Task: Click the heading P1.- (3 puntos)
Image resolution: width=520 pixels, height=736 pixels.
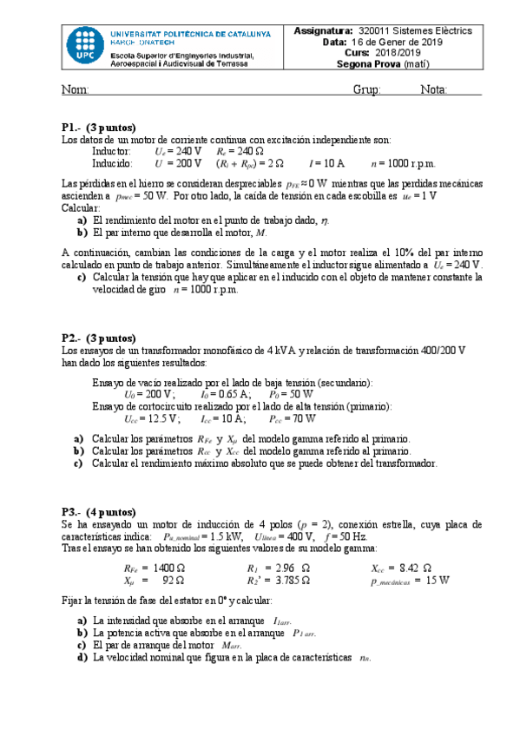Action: point(98,127)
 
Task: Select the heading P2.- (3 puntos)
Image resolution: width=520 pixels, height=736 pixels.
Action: point(98,338)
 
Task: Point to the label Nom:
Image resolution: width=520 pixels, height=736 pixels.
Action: point(75,90)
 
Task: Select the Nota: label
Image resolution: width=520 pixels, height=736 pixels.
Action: point(433,90)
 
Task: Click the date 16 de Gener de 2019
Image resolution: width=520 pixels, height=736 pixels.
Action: point(407,41)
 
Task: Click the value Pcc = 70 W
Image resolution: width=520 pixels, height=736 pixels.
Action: point(292,417)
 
